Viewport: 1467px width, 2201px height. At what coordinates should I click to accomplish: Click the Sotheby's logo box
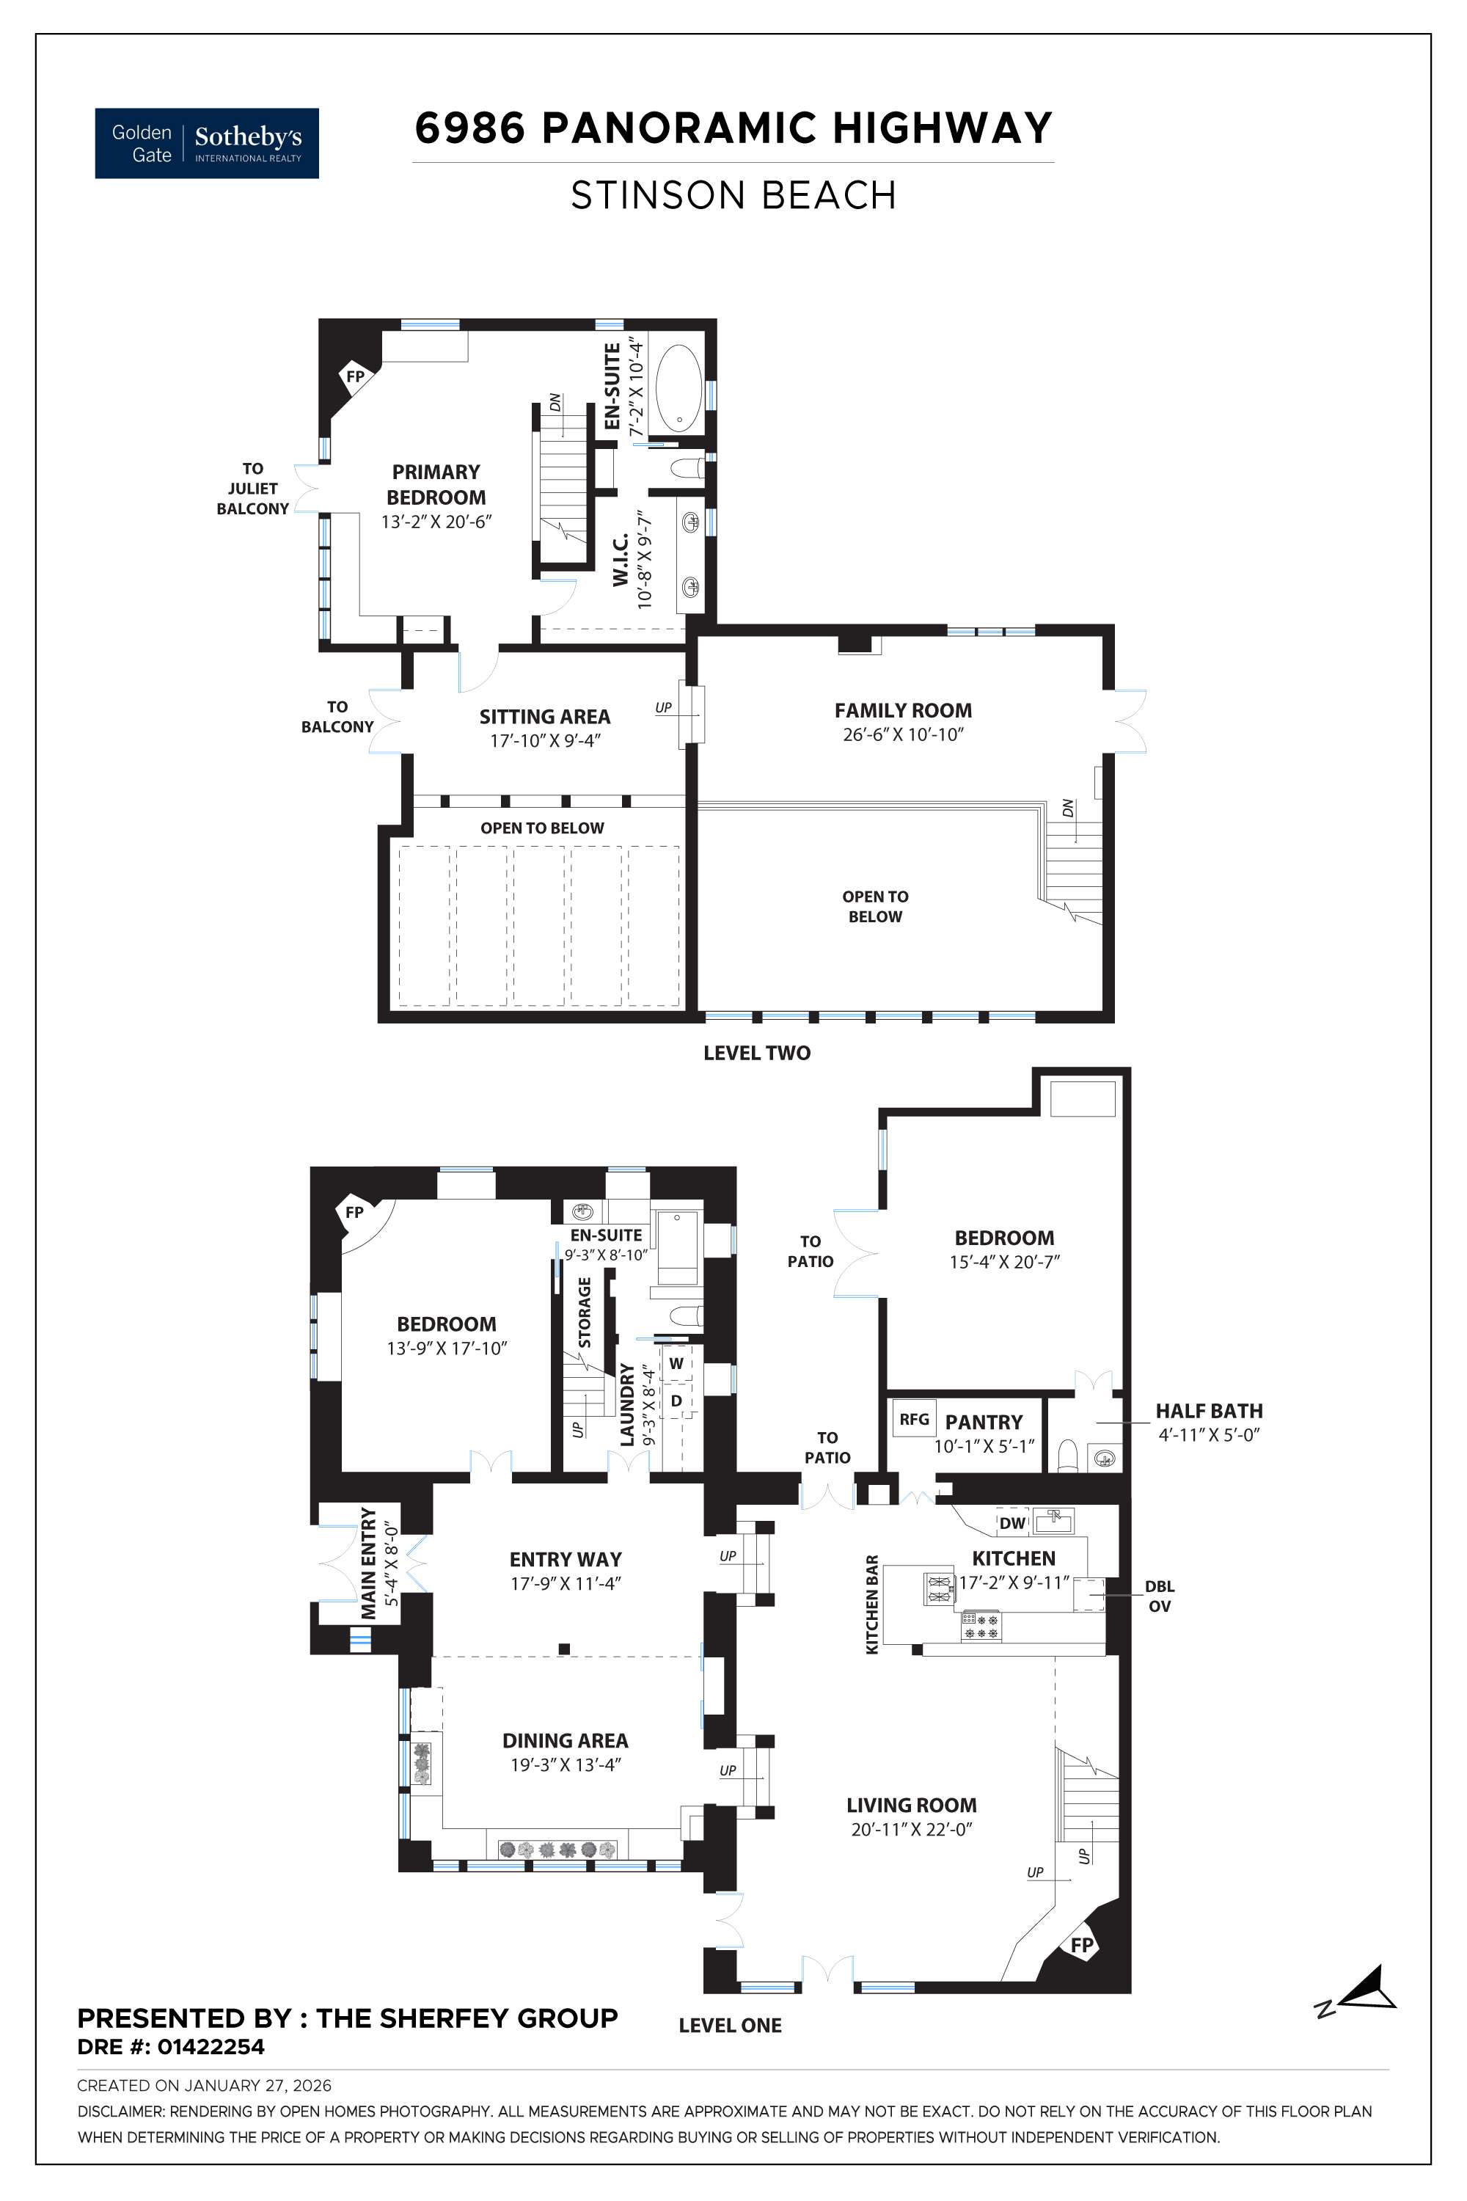tap(207, 143)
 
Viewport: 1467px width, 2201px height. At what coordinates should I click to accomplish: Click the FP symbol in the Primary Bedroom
tap(356, 377)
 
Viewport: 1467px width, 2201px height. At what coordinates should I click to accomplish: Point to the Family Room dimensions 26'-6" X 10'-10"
tap(903, 734)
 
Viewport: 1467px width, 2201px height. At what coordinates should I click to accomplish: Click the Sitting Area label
tap(544, 717)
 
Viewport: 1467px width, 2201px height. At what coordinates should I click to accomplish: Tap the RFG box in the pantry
tap(914, 1419)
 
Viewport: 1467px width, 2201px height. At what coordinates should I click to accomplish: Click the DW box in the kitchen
tap(1012, 1522)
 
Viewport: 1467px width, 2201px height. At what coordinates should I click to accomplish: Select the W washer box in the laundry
tap(676, 1363)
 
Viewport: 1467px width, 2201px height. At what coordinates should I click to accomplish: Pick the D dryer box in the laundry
tap(676, 1401)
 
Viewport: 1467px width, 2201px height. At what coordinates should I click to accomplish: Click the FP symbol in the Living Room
tap(1081, 1945)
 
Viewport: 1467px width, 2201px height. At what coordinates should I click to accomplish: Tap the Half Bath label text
tap(1209, 1410)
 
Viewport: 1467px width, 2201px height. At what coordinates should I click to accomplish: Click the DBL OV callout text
tap(1159, 1596)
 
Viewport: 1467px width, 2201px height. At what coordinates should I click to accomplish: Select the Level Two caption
tap(757, 1053)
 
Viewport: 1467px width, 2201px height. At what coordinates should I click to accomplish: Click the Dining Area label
tap(565, 1740)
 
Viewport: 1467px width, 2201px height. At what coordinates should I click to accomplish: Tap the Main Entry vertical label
tap(369, 1563)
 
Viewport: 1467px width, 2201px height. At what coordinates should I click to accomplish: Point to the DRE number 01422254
tap(211, 2047)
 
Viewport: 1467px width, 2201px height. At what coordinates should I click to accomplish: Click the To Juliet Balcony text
tap(252, 489)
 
